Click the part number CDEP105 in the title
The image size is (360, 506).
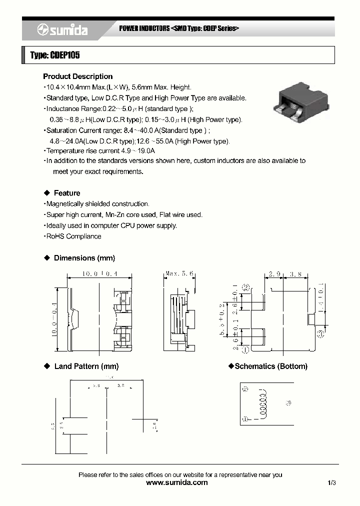pos(64,55)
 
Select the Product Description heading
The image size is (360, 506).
pos(77,76)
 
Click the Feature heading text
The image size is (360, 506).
pos(67,193)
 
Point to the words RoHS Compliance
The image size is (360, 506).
pos(73,236)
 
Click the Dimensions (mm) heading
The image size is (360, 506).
pos(84,258)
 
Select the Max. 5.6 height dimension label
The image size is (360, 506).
pos(179,274)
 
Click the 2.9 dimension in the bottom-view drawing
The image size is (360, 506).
pos(274,274)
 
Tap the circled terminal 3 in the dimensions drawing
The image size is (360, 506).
pos(320,332)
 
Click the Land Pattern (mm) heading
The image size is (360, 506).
pos(86,366)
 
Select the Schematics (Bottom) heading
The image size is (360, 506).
pos(270,366)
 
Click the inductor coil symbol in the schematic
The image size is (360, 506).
pos(261,403)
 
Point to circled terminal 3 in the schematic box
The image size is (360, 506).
pos(287,402)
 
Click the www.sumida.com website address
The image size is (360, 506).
pos(176,482)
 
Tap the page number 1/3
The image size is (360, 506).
pos(332,482)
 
